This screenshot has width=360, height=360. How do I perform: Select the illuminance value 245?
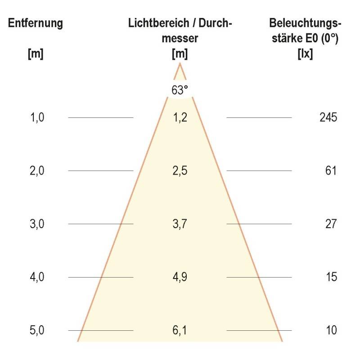(x=328, y=118)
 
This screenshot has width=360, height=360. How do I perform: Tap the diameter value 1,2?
(x=180, y=118)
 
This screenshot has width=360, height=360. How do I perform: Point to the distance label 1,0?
(x=38, y=118)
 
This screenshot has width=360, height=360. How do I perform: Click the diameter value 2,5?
(x=180, y=171)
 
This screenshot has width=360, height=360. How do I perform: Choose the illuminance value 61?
(x=331, y=171)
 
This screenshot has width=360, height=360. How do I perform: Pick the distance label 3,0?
(x=38, y=224)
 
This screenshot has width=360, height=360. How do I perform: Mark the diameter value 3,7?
(x=180, y=224)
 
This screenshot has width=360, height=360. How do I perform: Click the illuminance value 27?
(x=331, y=224)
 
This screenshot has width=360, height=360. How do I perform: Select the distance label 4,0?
(x=38, y=277)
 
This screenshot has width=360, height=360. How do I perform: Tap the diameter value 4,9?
(x=180, y=277)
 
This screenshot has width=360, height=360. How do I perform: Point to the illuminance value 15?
(x=331, y=277)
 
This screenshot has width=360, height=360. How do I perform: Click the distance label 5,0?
(x=38, y=331)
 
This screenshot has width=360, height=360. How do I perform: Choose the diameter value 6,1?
(x=180, y=331)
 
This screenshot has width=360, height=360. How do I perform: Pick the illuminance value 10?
(x=331, y=331)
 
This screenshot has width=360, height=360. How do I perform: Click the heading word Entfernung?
(x=36, y=23)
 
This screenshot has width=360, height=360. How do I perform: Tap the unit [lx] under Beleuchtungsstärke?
(x=305, y=54)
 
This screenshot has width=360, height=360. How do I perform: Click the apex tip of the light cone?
(x=180, y=64)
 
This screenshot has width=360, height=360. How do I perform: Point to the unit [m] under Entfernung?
(x=36, y=54)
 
